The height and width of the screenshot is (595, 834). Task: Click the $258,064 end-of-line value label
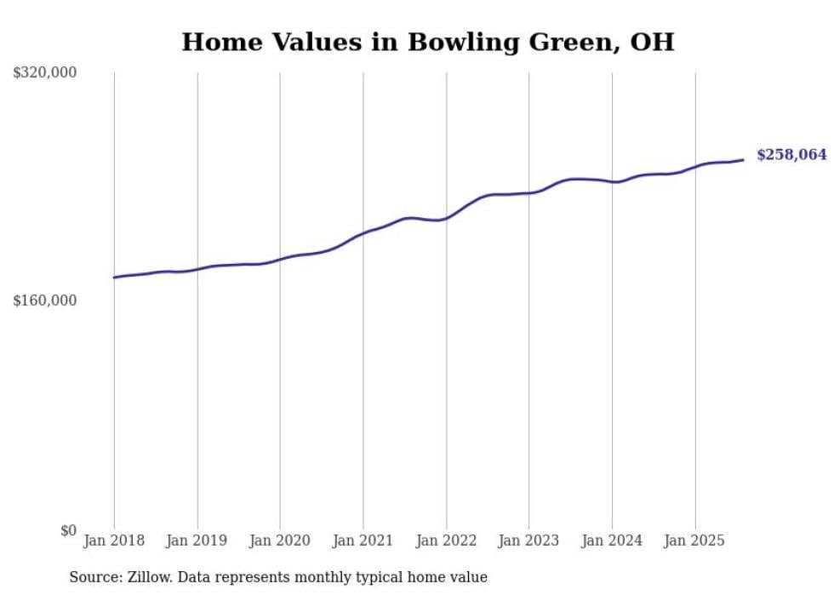791,155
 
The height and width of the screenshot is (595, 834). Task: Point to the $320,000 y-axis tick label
45,73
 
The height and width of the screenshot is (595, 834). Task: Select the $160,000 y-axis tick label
45,300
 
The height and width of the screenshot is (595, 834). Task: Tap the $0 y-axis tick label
68,531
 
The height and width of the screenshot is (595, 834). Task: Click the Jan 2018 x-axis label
114,541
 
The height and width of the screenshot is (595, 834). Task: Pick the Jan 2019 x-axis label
197,541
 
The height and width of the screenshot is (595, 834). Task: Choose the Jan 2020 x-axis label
280,541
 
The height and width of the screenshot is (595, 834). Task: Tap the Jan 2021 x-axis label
363,541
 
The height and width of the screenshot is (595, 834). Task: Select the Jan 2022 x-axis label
446,541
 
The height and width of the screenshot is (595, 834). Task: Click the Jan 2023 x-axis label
528,541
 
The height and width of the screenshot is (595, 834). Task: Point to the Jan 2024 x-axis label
612,541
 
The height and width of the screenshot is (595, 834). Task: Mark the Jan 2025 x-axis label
694,541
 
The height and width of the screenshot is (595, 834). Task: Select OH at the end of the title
653,43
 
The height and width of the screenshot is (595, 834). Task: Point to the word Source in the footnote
94,577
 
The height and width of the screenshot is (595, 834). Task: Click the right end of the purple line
744,159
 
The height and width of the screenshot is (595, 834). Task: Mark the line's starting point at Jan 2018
114,277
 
